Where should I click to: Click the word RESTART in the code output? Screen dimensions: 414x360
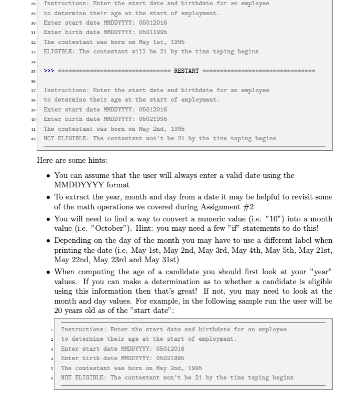(186, 71)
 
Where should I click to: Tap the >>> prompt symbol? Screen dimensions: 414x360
(49, 71)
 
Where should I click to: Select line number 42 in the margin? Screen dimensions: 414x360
(32, 139)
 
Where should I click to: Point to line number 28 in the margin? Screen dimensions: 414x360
(32, 4)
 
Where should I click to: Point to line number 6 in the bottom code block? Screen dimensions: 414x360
(52, 377)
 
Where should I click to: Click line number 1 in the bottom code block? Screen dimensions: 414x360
(52, 330)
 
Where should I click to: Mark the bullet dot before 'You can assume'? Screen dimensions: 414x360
(48, 176)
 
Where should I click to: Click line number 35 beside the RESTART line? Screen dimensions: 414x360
(32, 71)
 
